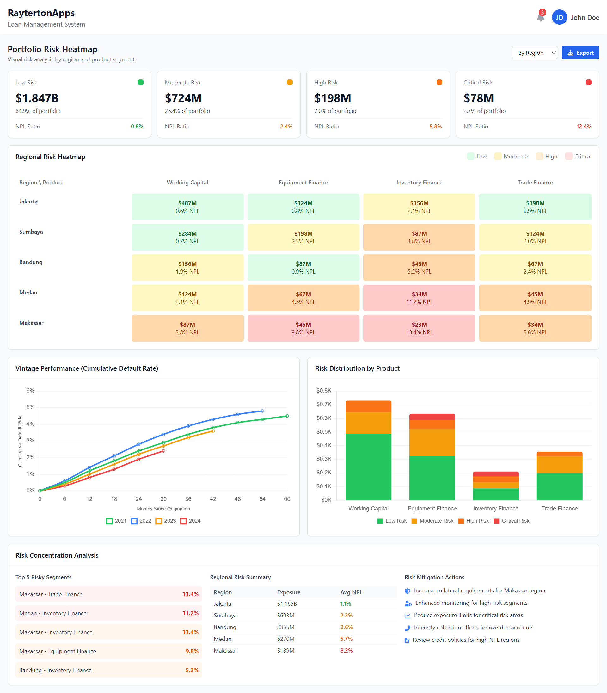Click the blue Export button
580,53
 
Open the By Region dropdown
535,53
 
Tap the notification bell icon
540,17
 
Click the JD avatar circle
559,17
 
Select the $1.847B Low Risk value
37,98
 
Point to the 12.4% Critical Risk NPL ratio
583,127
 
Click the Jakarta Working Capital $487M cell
187,207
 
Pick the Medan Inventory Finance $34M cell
419,298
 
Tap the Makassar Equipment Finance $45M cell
303,328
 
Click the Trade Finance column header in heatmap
535,182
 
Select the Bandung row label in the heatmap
31,262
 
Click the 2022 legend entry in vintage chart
141,521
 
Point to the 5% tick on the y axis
30,407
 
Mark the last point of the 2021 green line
287,416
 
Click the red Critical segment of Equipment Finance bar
432,417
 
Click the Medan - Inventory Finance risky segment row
108,613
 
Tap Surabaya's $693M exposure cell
285,615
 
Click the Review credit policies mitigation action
465,640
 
